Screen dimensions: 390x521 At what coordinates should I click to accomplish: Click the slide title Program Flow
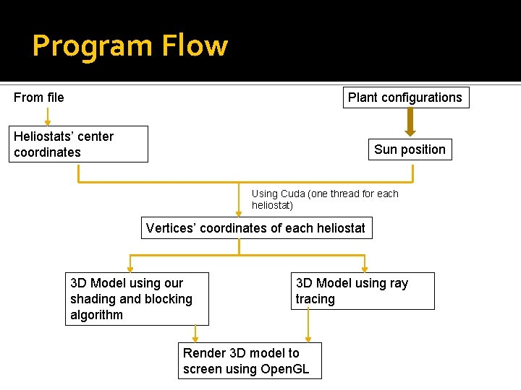click(130, 46)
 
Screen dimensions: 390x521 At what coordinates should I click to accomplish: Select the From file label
click(39, 97)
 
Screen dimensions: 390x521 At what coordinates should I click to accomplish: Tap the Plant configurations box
click(405, 97)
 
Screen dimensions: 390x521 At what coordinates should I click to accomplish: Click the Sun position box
click(410, 149)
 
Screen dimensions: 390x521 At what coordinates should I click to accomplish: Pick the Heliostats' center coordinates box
click(80, 144)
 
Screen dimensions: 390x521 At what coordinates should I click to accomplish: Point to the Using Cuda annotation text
click(324, 199)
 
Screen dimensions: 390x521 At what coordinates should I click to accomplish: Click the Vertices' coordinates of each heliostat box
click(255, 228)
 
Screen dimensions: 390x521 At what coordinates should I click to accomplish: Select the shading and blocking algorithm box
click(137, 299)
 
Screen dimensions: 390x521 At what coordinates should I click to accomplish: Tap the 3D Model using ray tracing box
click(364, 291)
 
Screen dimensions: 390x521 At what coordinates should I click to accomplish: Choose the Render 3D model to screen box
click(250, 360)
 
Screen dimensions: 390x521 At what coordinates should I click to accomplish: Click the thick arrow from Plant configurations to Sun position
click(410, 122)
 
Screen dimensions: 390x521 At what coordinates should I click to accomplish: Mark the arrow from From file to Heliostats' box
click(48, 117)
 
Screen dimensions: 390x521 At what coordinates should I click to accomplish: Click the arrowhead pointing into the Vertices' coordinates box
click(239, 213)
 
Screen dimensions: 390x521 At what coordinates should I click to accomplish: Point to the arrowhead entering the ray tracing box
click(364, 268)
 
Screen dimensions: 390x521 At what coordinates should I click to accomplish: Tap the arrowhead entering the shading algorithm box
click(130, 268)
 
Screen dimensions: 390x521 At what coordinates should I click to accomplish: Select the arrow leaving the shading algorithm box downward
click(195, 333)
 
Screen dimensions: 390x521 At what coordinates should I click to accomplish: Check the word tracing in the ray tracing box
click(315, 299)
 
